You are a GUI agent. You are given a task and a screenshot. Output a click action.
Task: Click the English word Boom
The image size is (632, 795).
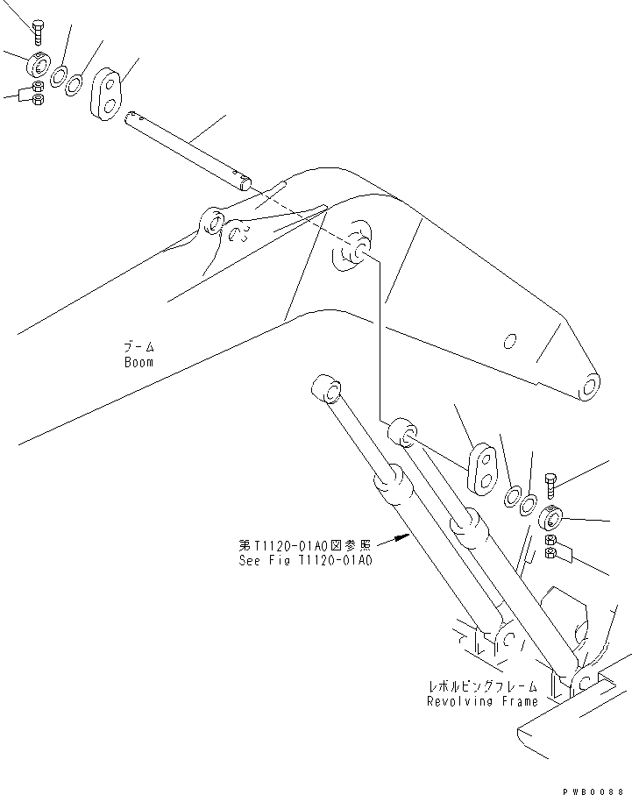click(138, 361)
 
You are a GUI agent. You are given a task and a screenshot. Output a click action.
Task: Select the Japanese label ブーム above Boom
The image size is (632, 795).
click(138, 347)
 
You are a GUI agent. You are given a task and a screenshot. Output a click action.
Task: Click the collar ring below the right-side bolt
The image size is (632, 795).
click(551, 516)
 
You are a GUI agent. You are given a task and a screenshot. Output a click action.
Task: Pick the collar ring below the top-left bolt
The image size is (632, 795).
click(37, 66)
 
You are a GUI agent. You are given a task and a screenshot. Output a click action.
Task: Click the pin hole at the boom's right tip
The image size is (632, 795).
click(590, 387)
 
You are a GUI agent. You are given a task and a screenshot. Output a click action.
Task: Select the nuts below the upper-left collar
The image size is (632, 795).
click(38, 93)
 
